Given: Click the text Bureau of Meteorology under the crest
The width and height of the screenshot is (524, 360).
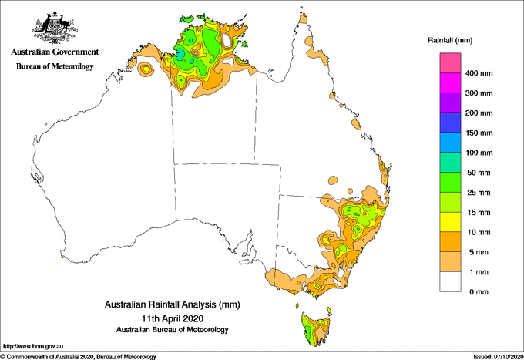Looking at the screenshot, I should tap(54, 66).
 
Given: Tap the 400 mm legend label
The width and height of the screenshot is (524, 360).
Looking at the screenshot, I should tap(482, 73).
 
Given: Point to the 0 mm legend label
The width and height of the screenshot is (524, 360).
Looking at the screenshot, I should tap(478, 291).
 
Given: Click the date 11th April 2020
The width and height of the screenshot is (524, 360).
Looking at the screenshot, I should tap(173, 318).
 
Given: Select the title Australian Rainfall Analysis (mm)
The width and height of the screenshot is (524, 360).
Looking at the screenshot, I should tap(173, 305).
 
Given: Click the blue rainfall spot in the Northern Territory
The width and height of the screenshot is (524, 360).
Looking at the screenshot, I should tap(180, 55).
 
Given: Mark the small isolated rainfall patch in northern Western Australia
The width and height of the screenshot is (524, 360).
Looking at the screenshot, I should tap(145, 70).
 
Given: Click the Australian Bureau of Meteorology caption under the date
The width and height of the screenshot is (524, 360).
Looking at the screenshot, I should tap(173, 330).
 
